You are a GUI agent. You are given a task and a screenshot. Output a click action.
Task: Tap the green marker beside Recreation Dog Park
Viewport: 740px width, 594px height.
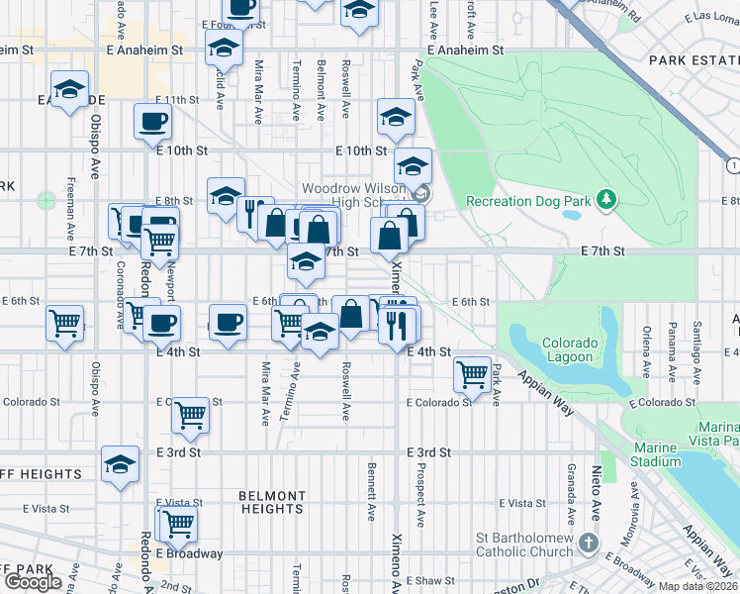click(605, 202)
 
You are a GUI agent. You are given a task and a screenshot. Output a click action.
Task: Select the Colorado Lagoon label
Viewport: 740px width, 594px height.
click(570, 350)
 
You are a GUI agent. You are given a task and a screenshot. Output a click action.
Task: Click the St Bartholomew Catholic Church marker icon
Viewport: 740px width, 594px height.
click(589, 543)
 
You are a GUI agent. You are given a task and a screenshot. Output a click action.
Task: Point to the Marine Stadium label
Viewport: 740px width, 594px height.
click(655, 454)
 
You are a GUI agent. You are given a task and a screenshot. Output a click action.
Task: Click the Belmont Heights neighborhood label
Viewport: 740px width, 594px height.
click(272, 502)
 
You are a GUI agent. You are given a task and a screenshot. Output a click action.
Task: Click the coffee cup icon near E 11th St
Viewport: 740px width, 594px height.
click(152, 123)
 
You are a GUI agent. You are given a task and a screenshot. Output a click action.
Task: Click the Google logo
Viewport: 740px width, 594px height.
click(33, 581)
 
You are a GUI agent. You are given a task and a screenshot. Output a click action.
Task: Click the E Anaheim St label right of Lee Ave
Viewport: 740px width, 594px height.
click(465, 49)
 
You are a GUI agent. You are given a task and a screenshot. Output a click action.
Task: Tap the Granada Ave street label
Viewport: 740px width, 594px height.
click(571, 495)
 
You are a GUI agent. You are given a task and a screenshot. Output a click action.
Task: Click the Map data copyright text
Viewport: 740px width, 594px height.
click(698, 586)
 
